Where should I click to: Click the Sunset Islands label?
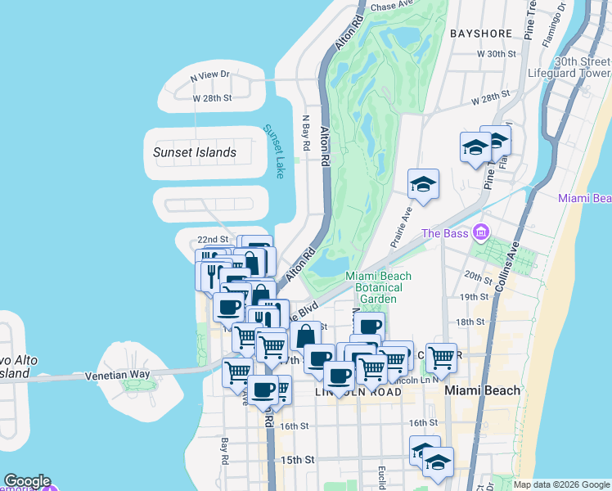194,152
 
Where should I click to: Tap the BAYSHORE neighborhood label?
481,34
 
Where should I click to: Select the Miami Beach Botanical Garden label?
379,287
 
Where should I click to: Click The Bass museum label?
443,233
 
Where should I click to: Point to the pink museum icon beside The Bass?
480,233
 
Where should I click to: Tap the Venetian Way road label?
118,376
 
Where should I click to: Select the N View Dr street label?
210,75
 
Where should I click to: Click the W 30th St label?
497,54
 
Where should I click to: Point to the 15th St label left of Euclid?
298,460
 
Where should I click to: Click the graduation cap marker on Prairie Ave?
423,184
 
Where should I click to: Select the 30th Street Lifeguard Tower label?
582,67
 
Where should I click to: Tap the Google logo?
26,481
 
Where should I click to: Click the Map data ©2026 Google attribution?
560,484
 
